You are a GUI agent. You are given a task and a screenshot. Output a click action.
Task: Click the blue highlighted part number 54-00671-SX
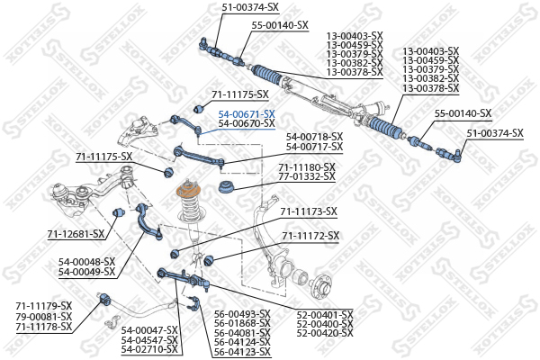(x=247, y=114)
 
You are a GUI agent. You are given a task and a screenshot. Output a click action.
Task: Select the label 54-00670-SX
(x=247, y=123)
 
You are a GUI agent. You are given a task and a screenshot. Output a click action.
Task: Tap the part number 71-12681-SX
(x=76, y=234)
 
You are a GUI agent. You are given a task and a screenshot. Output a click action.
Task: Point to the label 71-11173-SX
(x=309, y=211)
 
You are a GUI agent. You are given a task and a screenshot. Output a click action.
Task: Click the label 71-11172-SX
(x=310, y=236)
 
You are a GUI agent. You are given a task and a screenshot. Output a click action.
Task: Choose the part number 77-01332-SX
(x=307, y=176)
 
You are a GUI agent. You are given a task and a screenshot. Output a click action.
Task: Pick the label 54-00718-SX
(x=314, y=137)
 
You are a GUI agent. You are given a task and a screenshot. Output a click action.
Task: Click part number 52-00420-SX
(x=325, y=333)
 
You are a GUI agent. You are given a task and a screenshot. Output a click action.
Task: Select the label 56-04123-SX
(x=242, y=352)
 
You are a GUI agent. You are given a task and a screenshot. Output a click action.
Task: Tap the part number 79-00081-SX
(x=44, y=316)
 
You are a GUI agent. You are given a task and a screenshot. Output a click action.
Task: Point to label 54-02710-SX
(x=149, y=350)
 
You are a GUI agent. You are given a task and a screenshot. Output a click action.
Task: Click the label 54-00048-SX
(x=86, y=262)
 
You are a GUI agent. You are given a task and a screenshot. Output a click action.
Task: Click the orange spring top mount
(x=189, y=191)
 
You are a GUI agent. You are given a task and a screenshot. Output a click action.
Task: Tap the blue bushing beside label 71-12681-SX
(x=118, y=212)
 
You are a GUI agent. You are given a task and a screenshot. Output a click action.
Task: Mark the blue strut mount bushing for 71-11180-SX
(x=226, y=186)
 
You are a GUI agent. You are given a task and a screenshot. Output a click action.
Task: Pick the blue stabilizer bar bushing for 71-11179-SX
(x=104, y=299)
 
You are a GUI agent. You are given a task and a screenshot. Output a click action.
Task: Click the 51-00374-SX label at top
(x=250, y=7)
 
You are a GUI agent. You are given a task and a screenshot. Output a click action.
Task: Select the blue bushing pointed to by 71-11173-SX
(x=175, y=254)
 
